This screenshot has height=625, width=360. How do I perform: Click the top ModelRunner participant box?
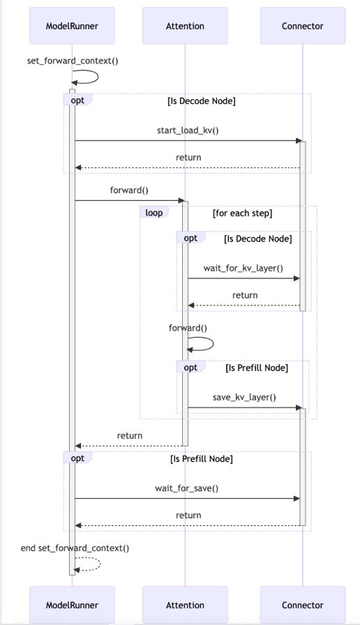(x=72, y=26)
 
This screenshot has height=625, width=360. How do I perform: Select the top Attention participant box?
(x=185, y=26)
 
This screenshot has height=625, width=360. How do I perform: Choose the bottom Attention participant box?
(x=185, y=604)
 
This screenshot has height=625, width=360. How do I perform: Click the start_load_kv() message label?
(x=186, y=130)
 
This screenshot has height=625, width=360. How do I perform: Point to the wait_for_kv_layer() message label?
(x=244, y=267)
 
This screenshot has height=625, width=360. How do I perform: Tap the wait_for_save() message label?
(x=186, y=488)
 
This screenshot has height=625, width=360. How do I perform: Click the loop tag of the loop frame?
(x=153, y=212)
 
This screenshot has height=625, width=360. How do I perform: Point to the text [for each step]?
(x=242, y=213)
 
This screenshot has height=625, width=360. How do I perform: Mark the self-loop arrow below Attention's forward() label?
(x=202, y=342)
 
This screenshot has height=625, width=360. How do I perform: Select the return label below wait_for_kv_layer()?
(x=244, y=295)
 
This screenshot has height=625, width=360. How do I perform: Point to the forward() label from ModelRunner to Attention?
(x=128, y=189)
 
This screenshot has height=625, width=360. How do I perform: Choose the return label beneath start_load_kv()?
(x=188, y=158)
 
